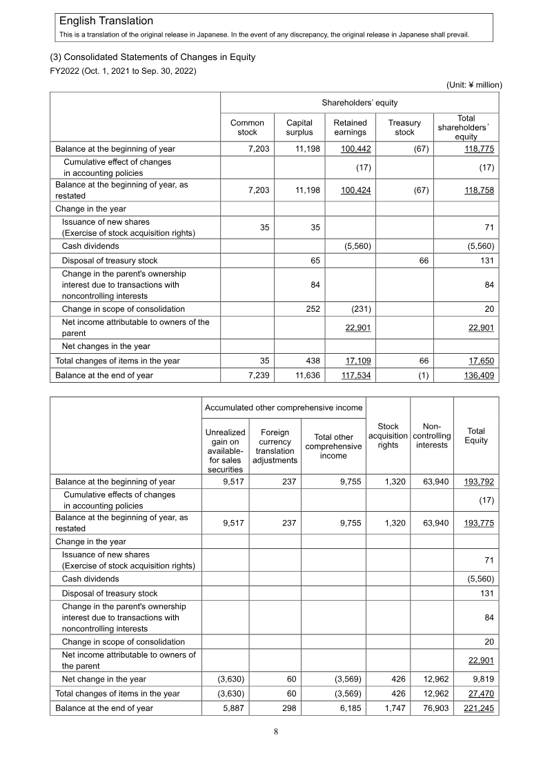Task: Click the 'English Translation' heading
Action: click(x=106, y=21)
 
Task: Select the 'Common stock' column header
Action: click(x=247, y=128)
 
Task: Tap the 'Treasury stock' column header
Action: click(x=404, y=128)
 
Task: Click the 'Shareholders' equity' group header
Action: click(x=359, y=103)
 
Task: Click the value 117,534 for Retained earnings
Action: click(x=357, y=376)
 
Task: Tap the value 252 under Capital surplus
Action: click(x=312, y=309)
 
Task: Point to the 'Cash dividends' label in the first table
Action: click(x=90, y=246)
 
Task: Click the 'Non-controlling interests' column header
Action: click(x=433, y=436)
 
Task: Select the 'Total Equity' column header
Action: click(x=476, y=436)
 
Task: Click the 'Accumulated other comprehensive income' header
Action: click(x=283, y=408)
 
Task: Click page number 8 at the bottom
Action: click(x=275, y=732)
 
